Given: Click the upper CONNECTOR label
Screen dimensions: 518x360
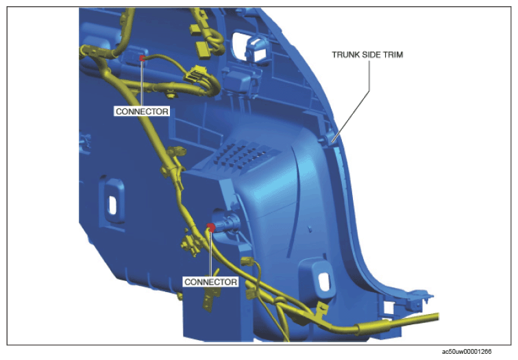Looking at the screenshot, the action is click(142, 111).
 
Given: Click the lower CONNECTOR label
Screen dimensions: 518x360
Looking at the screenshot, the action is click(211, 282).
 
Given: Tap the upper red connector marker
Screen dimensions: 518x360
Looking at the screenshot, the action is click(142, 58).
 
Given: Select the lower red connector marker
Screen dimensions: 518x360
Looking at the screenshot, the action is click(211, 227).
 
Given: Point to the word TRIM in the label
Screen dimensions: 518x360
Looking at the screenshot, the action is click(393, 55).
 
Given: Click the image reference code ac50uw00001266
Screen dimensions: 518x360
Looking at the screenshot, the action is click(467, 351).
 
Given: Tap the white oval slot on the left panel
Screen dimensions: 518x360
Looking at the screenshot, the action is click(112, 205).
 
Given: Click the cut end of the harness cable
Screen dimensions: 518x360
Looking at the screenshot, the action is click(438, 317).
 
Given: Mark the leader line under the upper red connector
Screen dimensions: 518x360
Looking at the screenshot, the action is click(142, 84).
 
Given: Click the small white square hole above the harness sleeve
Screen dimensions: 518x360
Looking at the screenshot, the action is click(388, 308).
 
